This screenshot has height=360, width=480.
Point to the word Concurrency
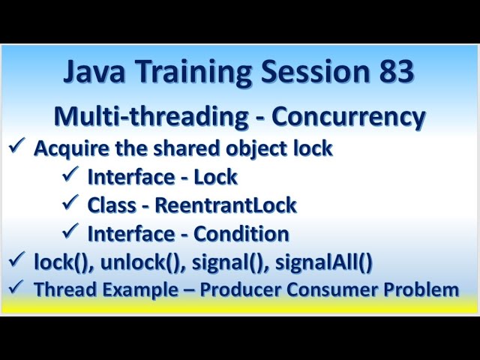point(349,117)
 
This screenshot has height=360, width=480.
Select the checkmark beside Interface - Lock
point(70,175)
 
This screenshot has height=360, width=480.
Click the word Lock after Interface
point(215,177)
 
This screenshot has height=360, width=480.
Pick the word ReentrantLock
point(245,205)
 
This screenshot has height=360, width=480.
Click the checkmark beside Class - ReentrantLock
point(70,203)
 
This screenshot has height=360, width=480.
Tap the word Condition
point(241,234)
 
